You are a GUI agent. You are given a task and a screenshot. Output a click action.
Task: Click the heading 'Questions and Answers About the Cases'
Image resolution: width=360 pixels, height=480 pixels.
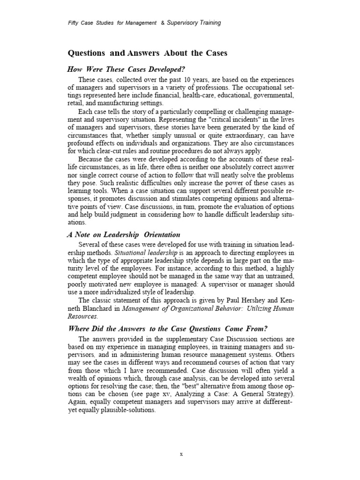[148, 53]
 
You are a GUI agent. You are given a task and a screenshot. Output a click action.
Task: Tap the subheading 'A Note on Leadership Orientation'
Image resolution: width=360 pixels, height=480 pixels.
[124, 235]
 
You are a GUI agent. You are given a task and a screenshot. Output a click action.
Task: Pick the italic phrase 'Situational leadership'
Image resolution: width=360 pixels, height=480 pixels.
[146, 253]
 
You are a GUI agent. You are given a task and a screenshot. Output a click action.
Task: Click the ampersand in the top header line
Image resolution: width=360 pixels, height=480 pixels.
[149, 22]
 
